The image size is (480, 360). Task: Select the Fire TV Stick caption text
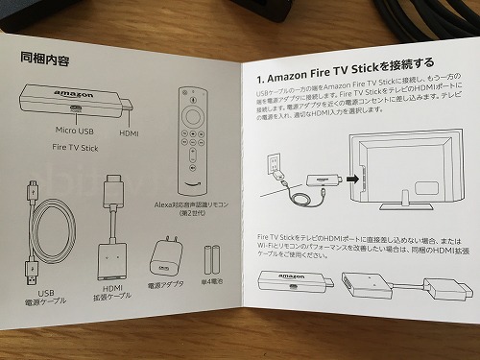(x=77, y=149)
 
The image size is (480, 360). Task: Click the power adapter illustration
(x=160, y=257)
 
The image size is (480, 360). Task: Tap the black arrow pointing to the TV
(x=352, y=178)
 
